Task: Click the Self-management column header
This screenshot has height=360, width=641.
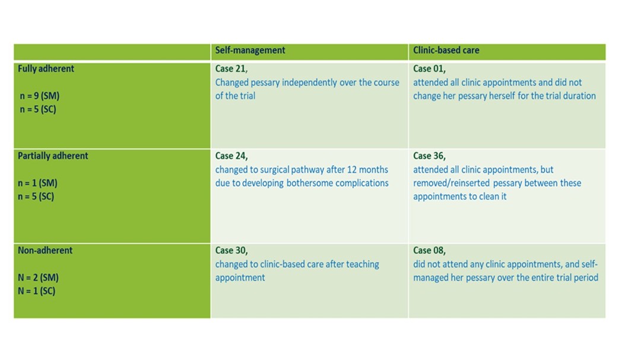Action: [250, 50]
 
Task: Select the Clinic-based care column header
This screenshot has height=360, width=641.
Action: [446, 50]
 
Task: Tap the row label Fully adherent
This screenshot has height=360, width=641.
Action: [46, 69]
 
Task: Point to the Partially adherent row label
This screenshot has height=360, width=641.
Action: [53, 156]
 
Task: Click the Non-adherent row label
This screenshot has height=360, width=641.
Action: [45, 250]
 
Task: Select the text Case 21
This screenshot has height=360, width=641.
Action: [231, 69]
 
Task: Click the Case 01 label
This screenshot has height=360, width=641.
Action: [429, 69]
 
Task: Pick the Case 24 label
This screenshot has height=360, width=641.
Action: [231, 156]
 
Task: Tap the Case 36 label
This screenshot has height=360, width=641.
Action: [429, 156]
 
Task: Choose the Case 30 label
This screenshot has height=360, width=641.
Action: [231, 250]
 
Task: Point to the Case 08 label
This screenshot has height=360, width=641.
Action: [429, 250]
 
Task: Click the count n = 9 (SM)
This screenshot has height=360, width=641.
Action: [40, 96]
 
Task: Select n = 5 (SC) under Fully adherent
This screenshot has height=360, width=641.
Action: [38, 110]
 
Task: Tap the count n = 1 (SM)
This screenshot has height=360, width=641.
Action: [37, 183]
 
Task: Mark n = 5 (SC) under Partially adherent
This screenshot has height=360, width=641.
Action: [36, 196]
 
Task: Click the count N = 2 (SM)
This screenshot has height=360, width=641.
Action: [38, 278]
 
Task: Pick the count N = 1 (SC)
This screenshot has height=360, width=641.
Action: [36, 291]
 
